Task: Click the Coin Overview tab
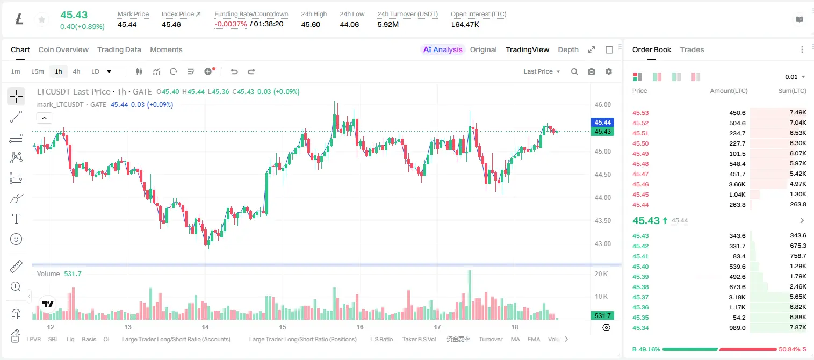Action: click(x=63, y=49)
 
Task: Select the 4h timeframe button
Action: click(x=76, y=71)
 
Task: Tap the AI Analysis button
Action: click(x=443, y=49)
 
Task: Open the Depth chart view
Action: click(x=568, y=49)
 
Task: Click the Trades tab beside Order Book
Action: click(x=692, y=49)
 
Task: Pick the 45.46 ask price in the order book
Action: click(x=640, y=184)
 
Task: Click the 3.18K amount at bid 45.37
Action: click(x=737, y=297)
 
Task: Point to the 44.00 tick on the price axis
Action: click(x=603, y=198)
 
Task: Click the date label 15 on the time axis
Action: click(x=283, y=327)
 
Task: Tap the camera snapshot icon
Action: click(x=592, y=71)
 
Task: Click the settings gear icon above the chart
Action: click(x=609, y=71)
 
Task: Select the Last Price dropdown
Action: click(x=542, y=71)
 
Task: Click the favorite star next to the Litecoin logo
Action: click(x=42, y=19)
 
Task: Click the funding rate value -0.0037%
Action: click(x=230, y=24)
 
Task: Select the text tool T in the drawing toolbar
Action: click(x=16, y=219)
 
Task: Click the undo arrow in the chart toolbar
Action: click(x=234, y=71)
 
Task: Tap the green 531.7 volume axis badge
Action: click(x=602, y=316)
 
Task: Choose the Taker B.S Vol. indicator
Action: click(x=419, y=339)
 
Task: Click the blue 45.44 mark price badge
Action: click(x=602, y=123)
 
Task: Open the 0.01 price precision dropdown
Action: click(x=795, y=77)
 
